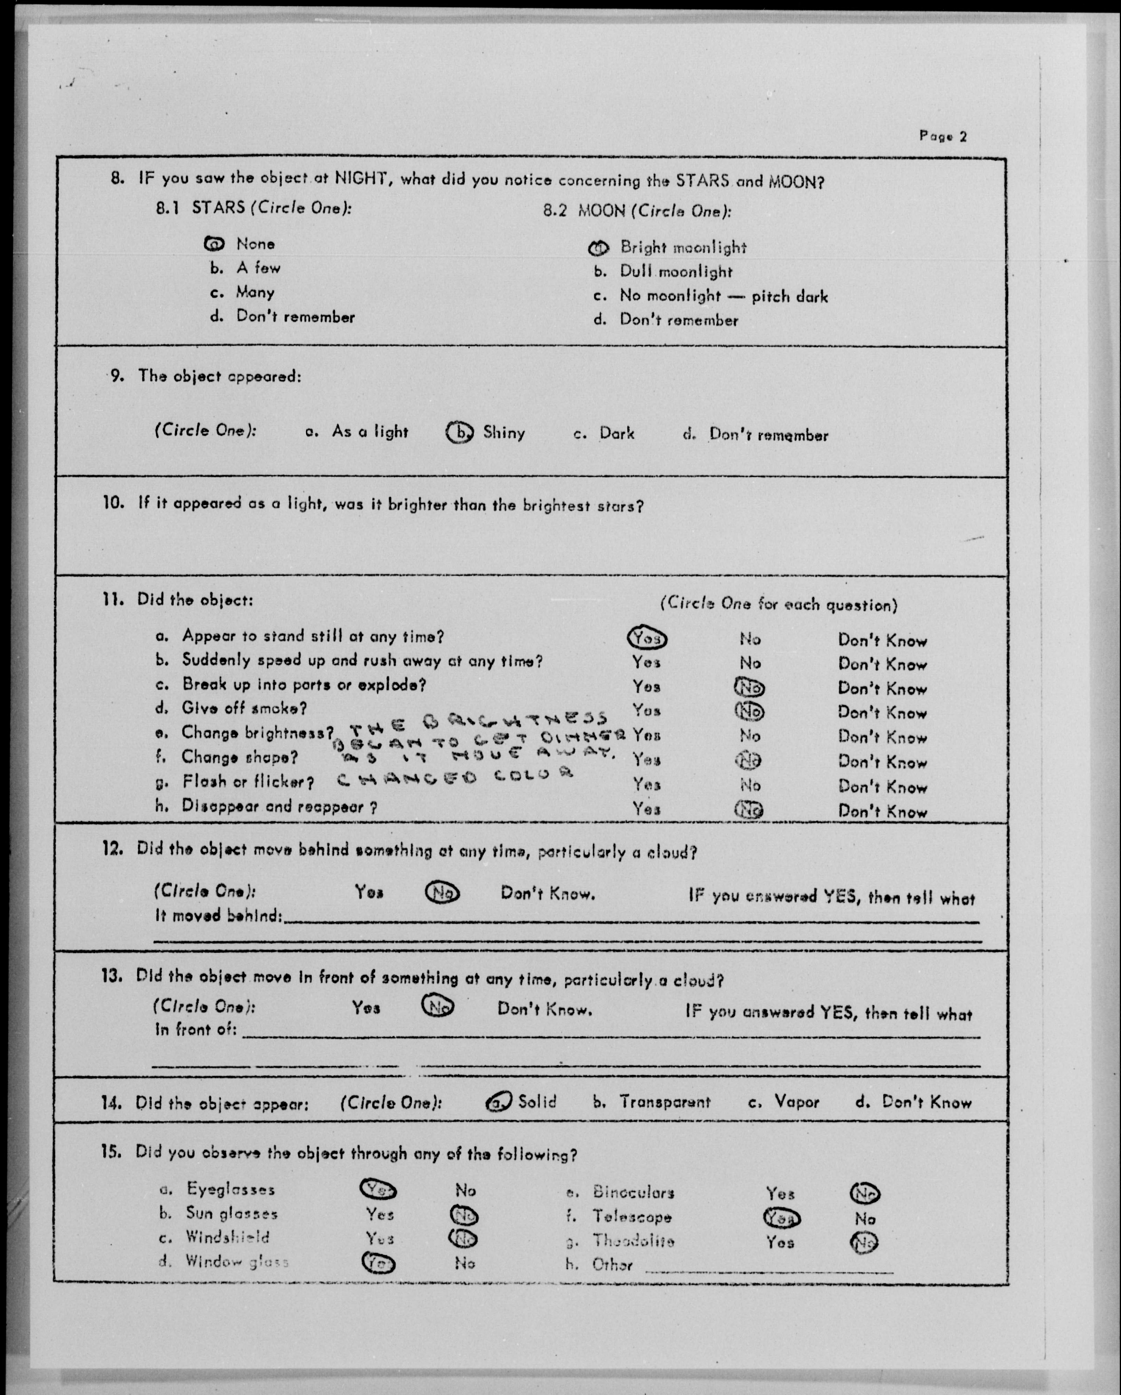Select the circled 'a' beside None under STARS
214,244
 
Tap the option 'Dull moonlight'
676,272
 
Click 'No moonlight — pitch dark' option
723,297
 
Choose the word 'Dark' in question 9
616,434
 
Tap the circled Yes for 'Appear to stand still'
646,639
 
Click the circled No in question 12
442,893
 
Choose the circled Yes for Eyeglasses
378,1189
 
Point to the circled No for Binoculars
865,1193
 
